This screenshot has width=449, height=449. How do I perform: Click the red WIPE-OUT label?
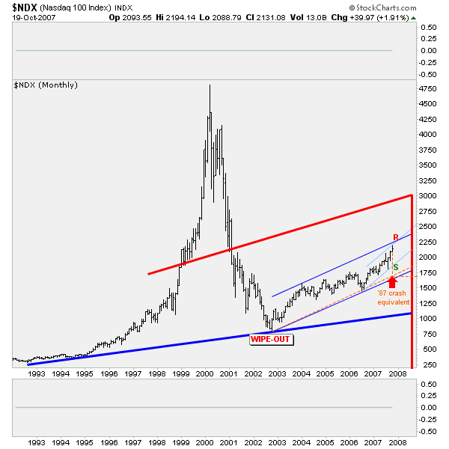[x=271, y=339]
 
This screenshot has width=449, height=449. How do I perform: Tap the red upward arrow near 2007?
[x=391, y=281]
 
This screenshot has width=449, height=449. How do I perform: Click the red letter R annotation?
[x=395, y=239]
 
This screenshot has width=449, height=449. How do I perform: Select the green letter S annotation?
[x=395, y=267]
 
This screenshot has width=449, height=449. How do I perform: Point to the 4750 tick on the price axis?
[x=429, y=88]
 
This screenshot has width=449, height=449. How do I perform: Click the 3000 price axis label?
[x=429, y=195]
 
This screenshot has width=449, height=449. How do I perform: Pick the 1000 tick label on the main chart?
[x=429, y=318]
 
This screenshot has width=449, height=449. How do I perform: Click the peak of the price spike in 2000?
[x=210, y=85]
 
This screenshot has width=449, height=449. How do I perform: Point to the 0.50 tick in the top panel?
[x=429, y=27]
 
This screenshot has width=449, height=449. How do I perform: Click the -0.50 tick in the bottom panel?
[x=427, y=432]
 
